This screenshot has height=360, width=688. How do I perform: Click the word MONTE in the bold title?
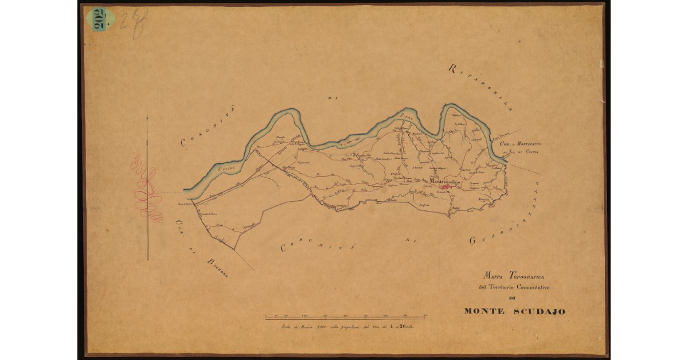(x=485, y=312)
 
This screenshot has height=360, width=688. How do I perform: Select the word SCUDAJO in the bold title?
(x=538, y=312)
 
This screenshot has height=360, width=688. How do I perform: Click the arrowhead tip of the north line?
(x=147, y=116)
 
